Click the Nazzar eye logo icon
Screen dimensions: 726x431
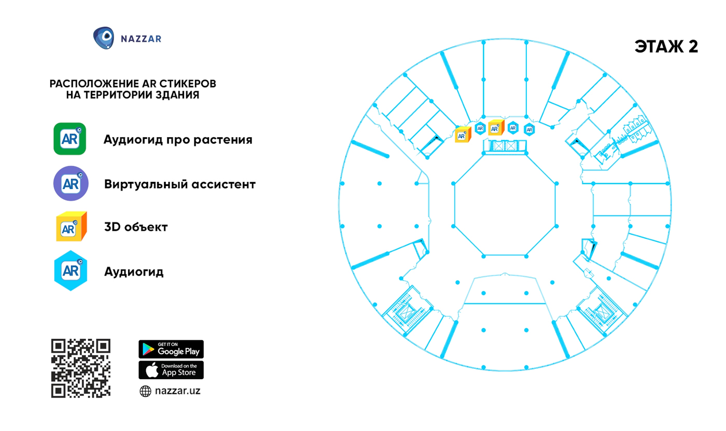104,38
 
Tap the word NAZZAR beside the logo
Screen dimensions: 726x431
141,39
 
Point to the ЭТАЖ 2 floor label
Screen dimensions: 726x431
666,47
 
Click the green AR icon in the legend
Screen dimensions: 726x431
69,139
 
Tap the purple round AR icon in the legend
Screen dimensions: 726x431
71,183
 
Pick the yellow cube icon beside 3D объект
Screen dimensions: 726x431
72,226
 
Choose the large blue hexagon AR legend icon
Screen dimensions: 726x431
71,271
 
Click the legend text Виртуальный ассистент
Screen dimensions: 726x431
180,184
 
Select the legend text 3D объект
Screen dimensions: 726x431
136,227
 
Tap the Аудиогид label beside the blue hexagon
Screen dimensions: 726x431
134,272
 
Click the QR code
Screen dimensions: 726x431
81,368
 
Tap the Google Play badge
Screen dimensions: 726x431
171,349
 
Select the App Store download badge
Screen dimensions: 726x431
171,370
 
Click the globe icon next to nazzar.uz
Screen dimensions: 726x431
145,391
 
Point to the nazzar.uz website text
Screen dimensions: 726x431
177,391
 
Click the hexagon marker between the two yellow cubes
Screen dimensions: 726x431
480,128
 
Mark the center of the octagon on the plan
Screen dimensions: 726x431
505,205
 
